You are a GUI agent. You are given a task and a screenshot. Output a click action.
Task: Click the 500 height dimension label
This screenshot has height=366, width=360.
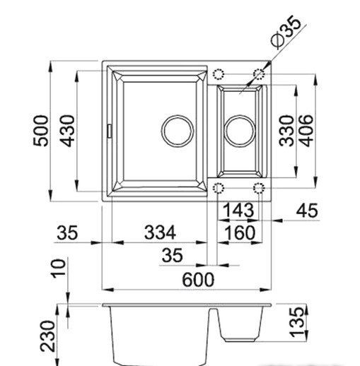click(40, 131)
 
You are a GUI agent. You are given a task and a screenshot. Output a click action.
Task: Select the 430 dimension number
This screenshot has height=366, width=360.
click(66, 131)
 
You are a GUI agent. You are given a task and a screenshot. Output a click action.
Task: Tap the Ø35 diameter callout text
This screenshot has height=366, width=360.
click(286, 32)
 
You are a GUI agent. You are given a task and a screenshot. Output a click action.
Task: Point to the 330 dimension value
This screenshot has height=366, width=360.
click(286, 131)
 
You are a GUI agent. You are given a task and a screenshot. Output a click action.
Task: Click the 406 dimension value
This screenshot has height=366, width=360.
click(306, 131)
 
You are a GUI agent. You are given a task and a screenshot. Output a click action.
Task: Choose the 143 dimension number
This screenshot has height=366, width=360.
click(238, 210)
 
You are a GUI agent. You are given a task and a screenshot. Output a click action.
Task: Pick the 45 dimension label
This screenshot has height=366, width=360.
click(307, 211)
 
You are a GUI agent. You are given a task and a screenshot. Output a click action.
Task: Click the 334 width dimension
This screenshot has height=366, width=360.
click(160, 232)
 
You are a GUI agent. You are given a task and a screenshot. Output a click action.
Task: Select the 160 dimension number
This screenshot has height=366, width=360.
click(239, 232)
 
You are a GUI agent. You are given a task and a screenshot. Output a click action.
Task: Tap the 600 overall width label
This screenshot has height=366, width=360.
click(198, 280)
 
